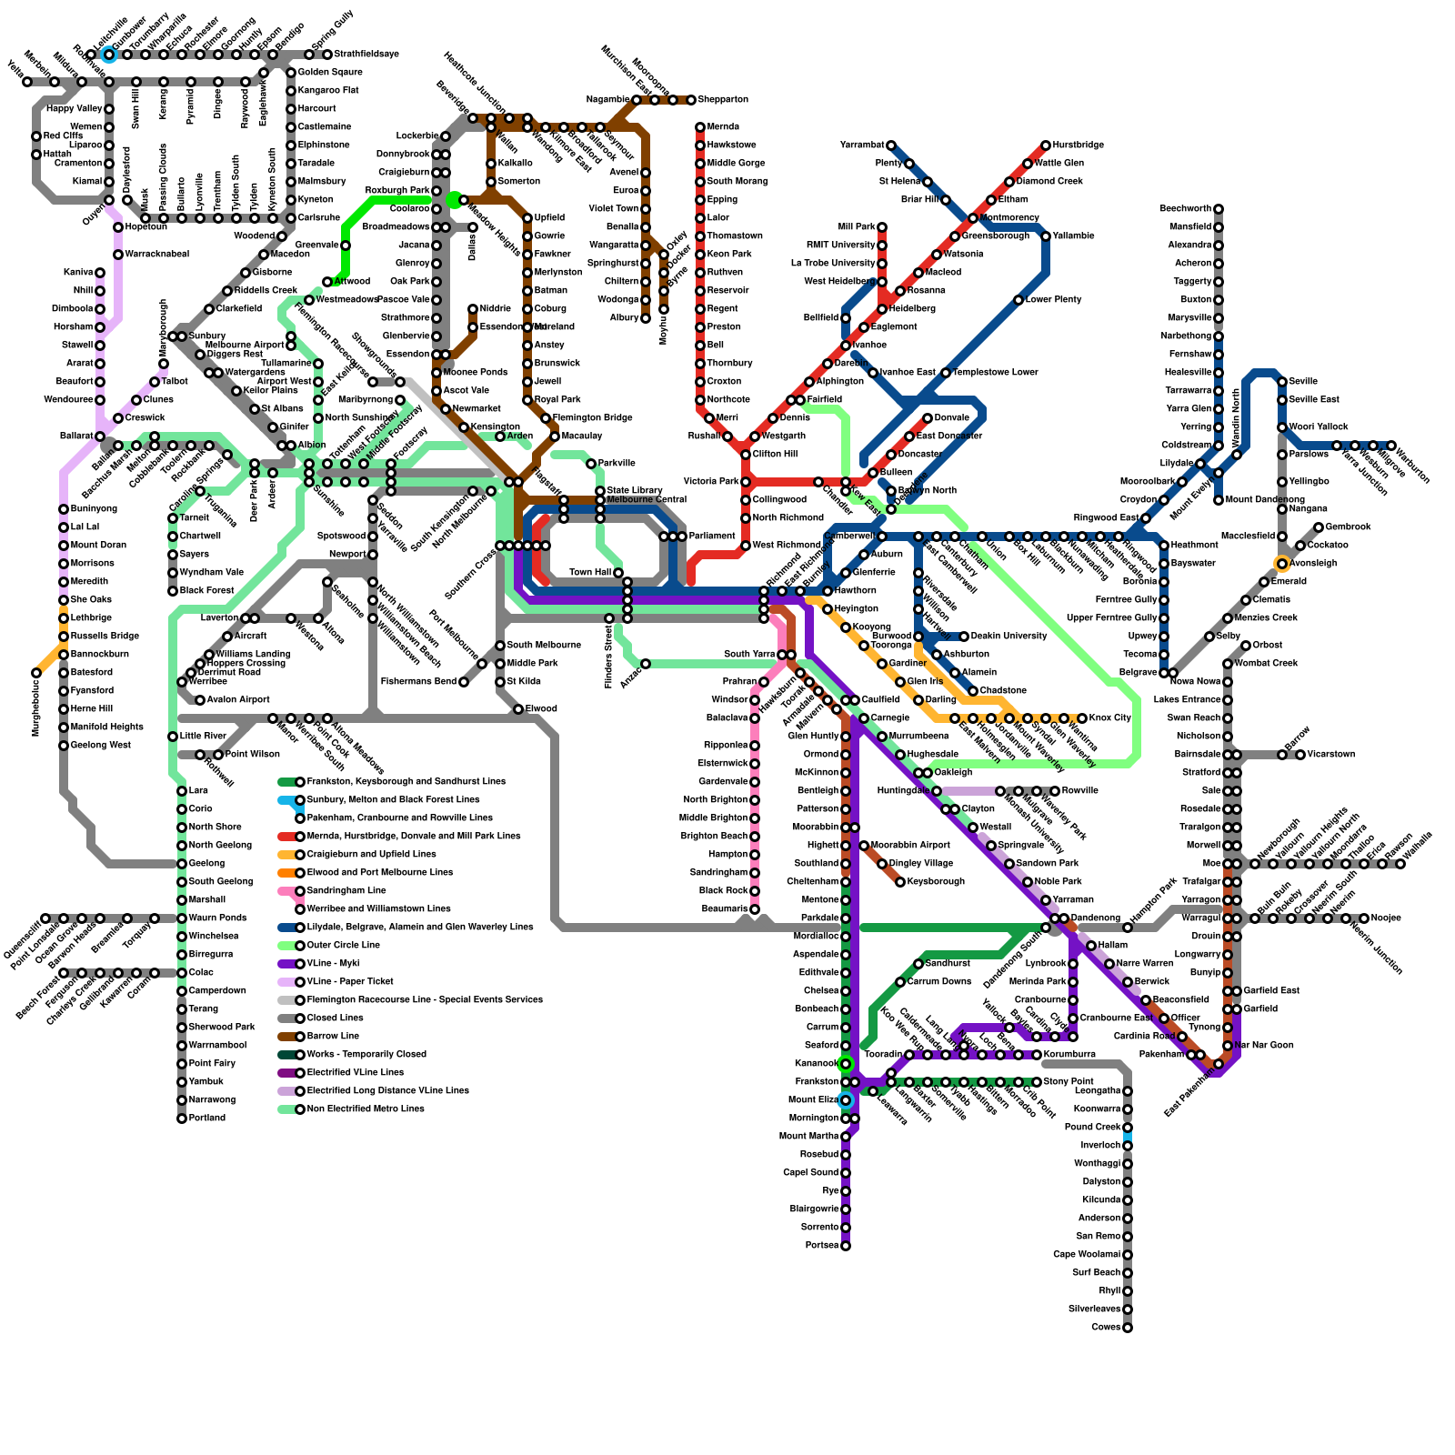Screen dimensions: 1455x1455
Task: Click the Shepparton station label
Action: (723, 100)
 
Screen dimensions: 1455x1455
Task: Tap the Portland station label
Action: (207, 1119)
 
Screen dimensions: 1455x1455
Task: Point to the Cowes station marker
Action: (1128, 1328)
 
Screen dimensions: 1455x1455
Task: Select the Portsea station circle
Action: (846, 1246)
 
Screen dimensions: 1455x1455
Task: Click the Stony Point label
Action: (1069, 1082)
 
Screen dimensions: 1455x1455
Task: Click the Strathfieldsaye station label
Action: (361, 55)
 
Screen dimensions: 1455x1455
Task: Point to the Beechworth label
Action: (1185, 209)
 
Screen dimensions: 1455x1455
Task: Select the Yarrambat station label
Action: (861, 145)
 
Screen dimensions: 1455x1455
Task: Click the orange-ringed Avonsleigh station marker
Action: (1282, 564)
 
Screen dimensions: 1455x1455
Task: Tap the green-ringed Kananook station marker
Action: (846, 1064)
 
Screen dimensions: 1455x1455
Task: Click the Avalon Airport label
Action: (238, 700)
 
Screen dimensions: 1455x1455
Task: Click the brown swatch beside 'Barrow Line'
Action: (287, 1037)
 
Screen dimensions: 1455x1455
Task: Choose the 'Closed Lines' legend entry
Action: (335, 1018)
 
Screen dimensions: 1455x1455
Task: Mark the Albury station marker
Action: (646, 318)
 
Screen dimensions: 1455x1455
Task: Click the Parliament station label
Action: (712, 537)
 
